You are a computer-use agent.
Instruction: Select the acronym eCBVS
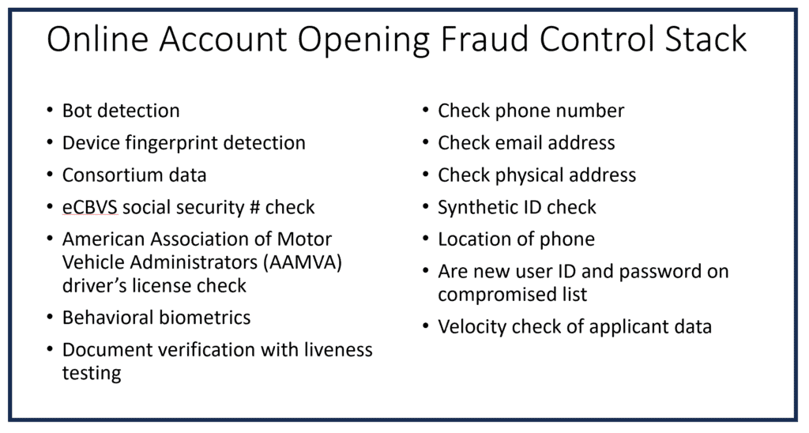point(90,208)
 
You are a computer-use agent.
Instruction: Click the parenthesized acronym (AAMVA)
point(293,262)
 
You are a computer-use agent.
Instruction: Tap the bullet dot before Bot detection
point(50,111)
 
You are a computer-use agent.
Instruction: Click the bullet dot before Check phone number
point(426,111)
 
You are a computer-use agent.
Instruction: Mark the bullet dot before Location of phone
point(426,239)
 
